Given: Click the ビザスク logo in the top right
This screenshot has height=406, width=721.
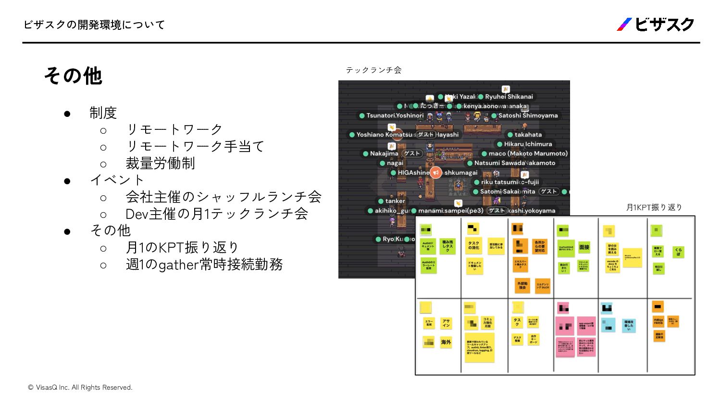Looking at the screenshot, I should click(x=656, y=25).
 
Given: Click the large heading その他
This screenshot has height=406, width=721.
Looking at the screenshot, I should click(x=73, y=76).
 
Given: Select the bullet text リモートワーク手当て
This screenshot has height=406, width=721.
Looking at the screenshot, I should click(x=195, y=146).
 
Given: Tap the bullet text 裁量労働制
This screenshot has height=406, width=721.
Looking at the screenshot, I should click(x=160, y=164).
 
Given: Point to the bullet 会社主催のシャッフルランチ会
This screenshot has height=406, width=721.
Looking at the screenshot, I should click(x=224, y=197).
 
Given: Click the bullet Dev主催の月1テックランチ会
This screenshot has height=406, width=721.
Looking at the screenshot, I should click(x=217, y=214).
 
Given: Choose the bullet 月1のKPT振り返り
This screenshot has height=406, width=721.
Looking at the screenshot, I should click(x=182, y=247).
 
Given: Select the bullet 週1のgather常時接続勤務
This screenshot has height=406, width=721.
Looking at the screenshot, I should click(x=204, y=265).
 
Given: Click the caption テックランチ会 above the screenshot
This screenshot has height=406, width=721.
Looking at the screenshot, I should click(x=373, y=70).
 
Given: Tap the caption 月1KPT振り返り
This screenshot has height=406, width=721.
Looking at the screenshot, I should click(x=654, y=207).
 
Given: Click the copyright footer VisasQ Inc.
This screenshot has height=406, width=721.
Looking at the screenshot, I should click(x=80, y=387).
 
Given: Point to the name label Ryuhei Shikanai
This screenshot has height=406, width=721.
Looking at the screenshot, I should click(x=509, y=97).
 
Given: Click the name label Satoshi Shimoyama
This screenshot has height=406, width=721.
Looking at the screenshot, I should click(x=528, y=115).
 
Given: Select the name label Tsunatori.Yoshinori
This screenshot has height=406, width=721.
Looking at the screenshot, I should click(x=395, y=115).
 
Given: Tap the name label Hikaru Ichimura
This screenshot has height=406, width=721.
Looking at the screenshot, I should click(x=528, y=144).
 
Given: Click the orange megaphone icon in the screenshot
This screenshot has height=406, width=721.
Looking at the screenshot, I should click(x=435, y=172).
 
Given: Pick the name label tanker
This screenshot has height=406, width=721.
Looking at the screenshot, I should click(x=395, y=201).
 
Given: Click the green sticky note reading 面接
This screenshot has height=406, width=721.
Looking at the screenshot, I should click(x=584, y=247).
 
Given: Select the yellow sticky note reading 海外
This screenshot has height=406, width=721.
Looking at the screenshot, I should click(x=446, y=342).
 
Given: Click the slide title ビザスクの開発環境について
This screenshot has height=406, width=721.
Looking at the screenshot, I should click(x=94, y=25).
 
